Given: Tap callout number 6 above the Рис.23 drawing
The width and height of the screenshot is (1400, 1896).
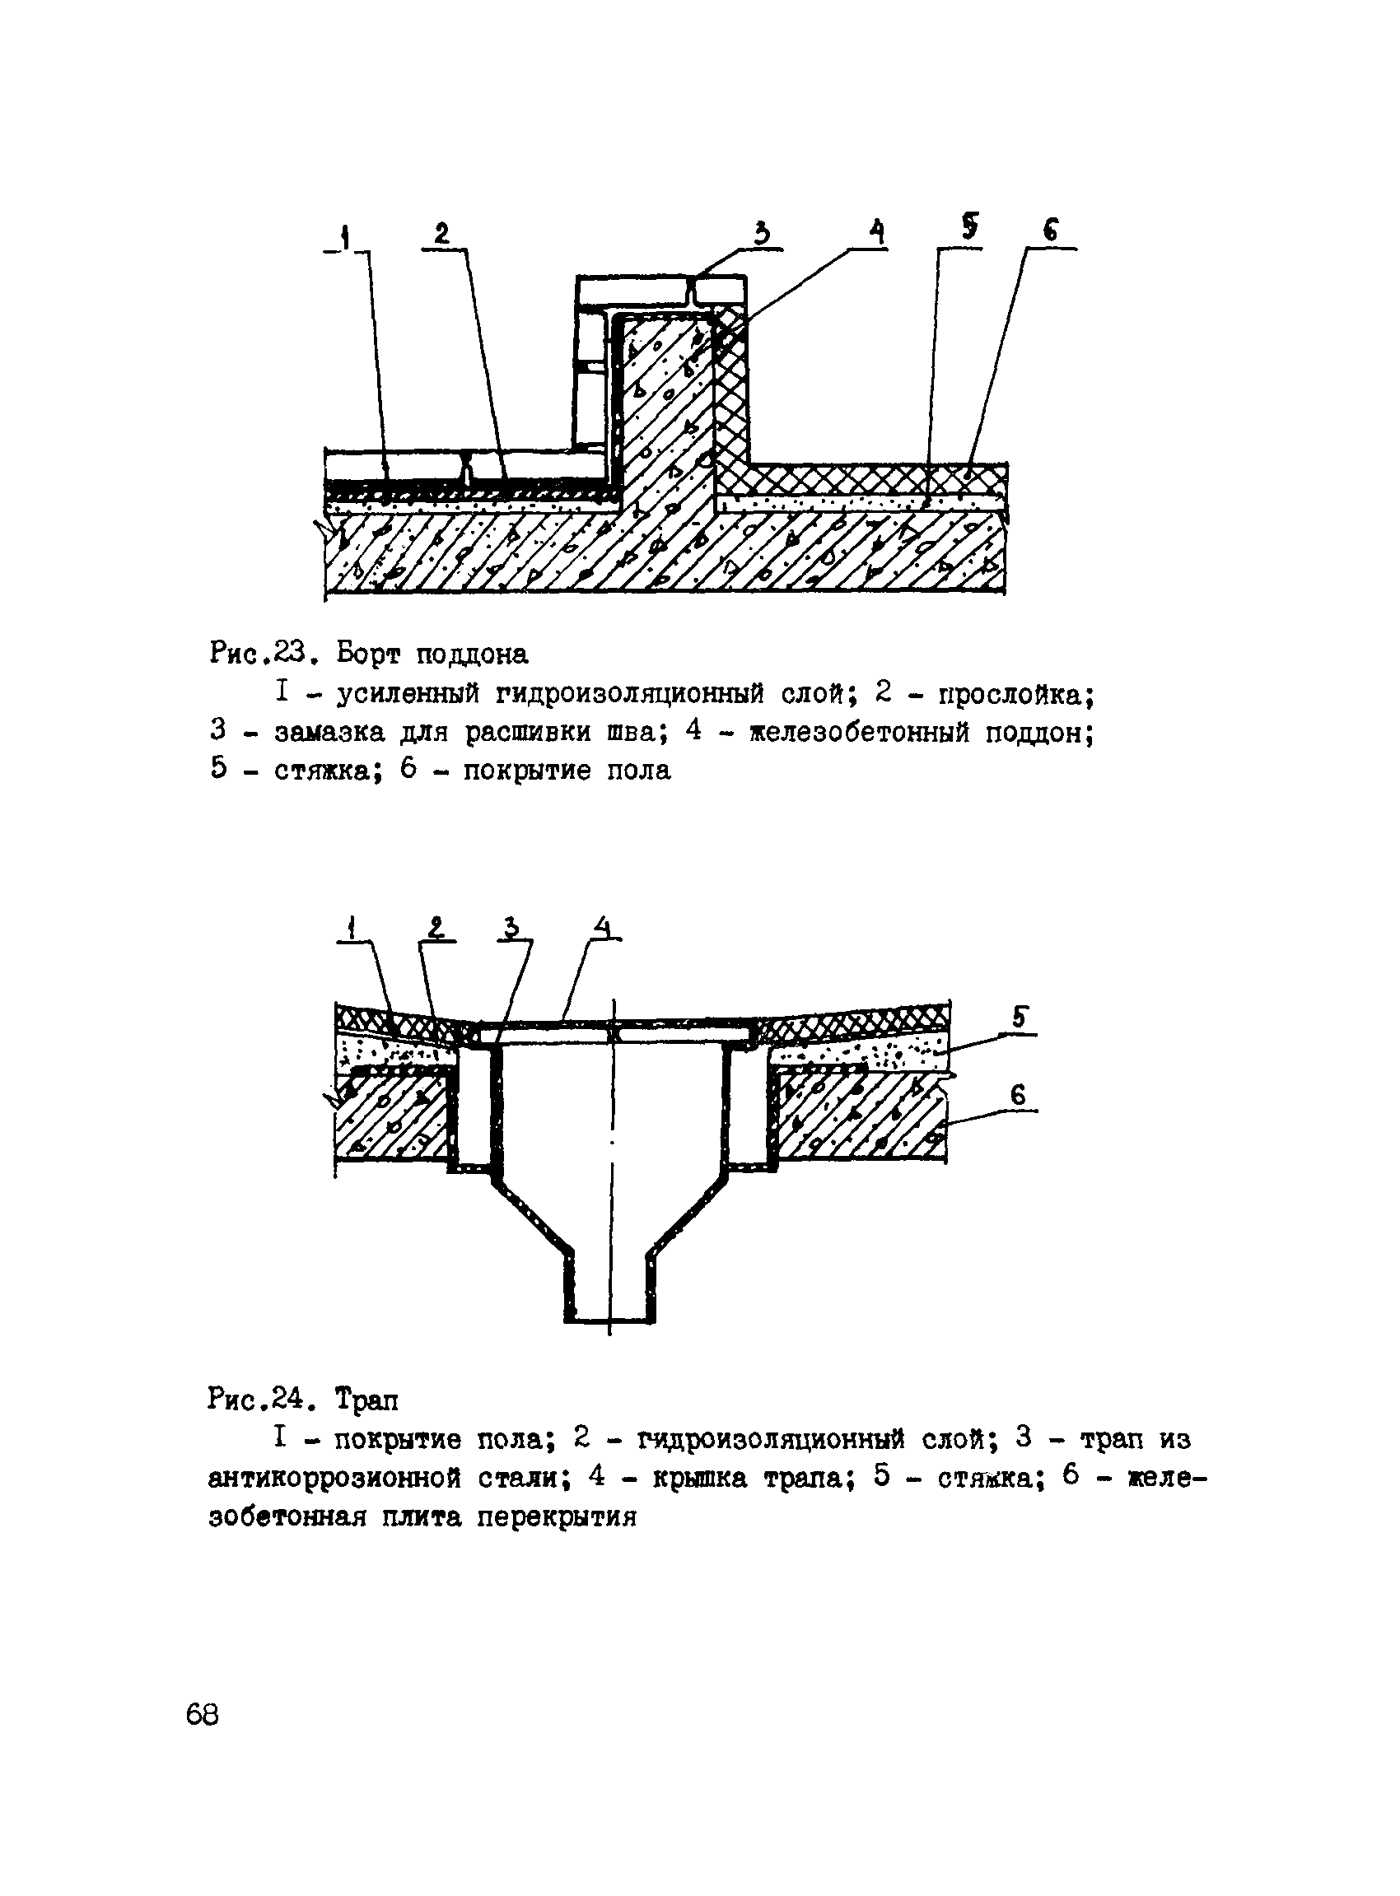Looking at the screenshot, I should pos(1050,231).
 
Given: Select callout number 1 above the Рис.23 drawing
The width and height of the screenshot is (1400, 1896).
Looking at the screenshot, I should pos(346,237).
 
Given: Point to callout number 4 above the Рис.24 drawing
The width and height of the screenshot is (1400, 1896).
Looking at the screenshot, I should pos(603,928).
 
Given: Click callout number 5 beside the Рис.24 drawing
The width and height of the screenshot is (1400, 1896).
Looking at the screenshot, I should pos(1020,1018).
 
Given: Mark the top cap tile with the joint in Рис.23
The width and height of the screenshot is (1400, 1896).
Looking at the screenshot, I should pos(661,292).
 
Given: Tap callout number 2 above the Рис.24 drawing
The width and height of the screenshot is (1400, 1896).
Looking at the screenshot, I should pos(436,929).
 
